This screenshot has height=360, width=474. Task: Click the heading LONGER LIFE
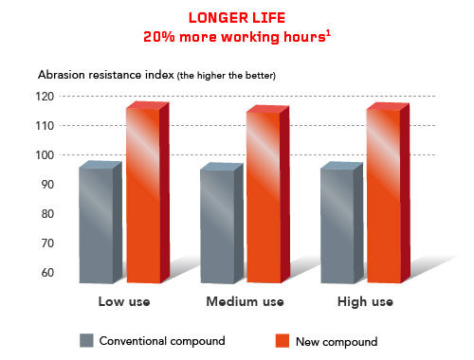(237, 18)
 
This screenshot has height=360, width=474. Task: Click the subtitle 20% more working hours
(237, 38)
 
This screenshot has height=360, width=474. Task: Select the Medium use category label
(246, 302)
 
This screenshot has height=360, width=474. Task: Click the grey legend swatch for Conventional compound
(86, 340)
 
